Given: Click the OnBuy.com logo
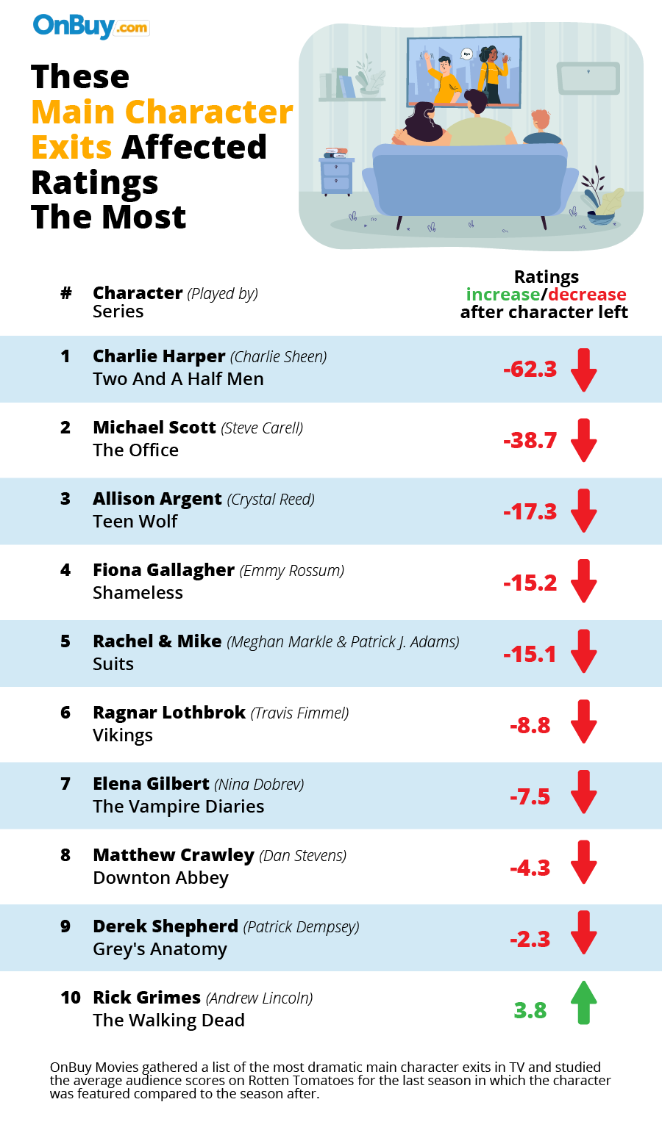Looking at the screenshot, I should point(90,26).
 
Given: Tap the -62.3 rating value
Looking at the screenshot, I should point(530,369).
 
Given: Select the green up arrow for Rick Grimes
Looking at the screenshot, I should point(583,1003).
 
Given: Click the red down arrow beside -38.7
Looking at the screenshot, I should point(583,440).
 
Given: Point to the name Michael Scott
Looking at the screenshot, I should point(154,428).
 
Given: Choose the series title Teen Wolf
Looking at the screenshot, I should point(135,522).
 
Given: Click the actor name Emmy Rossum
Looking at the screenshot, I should point(292,571).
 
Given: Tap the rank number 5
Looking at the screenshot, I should point(65,641).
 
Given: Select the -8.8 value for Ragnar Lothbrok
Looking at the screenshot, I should point(530,725).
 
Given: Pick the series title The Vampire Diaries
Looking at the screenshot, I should point(179,807).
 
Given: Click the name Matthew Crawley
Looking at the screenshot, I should point(174,855).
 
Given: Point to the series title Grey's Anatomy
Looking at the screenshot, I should point(160,949).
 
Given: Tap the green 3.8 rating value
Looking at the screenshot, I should point(530,1010).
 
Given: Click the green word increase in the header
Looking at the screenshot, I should point(503,295).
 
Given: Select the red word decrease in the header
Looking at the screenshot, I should point(587,295).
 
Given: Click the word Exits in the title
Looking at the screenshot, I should point(71,147).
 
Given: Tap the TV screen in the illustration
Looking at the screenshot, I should point(464,71).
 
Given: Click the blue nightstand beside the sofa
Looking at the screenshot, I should point(337,176).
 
